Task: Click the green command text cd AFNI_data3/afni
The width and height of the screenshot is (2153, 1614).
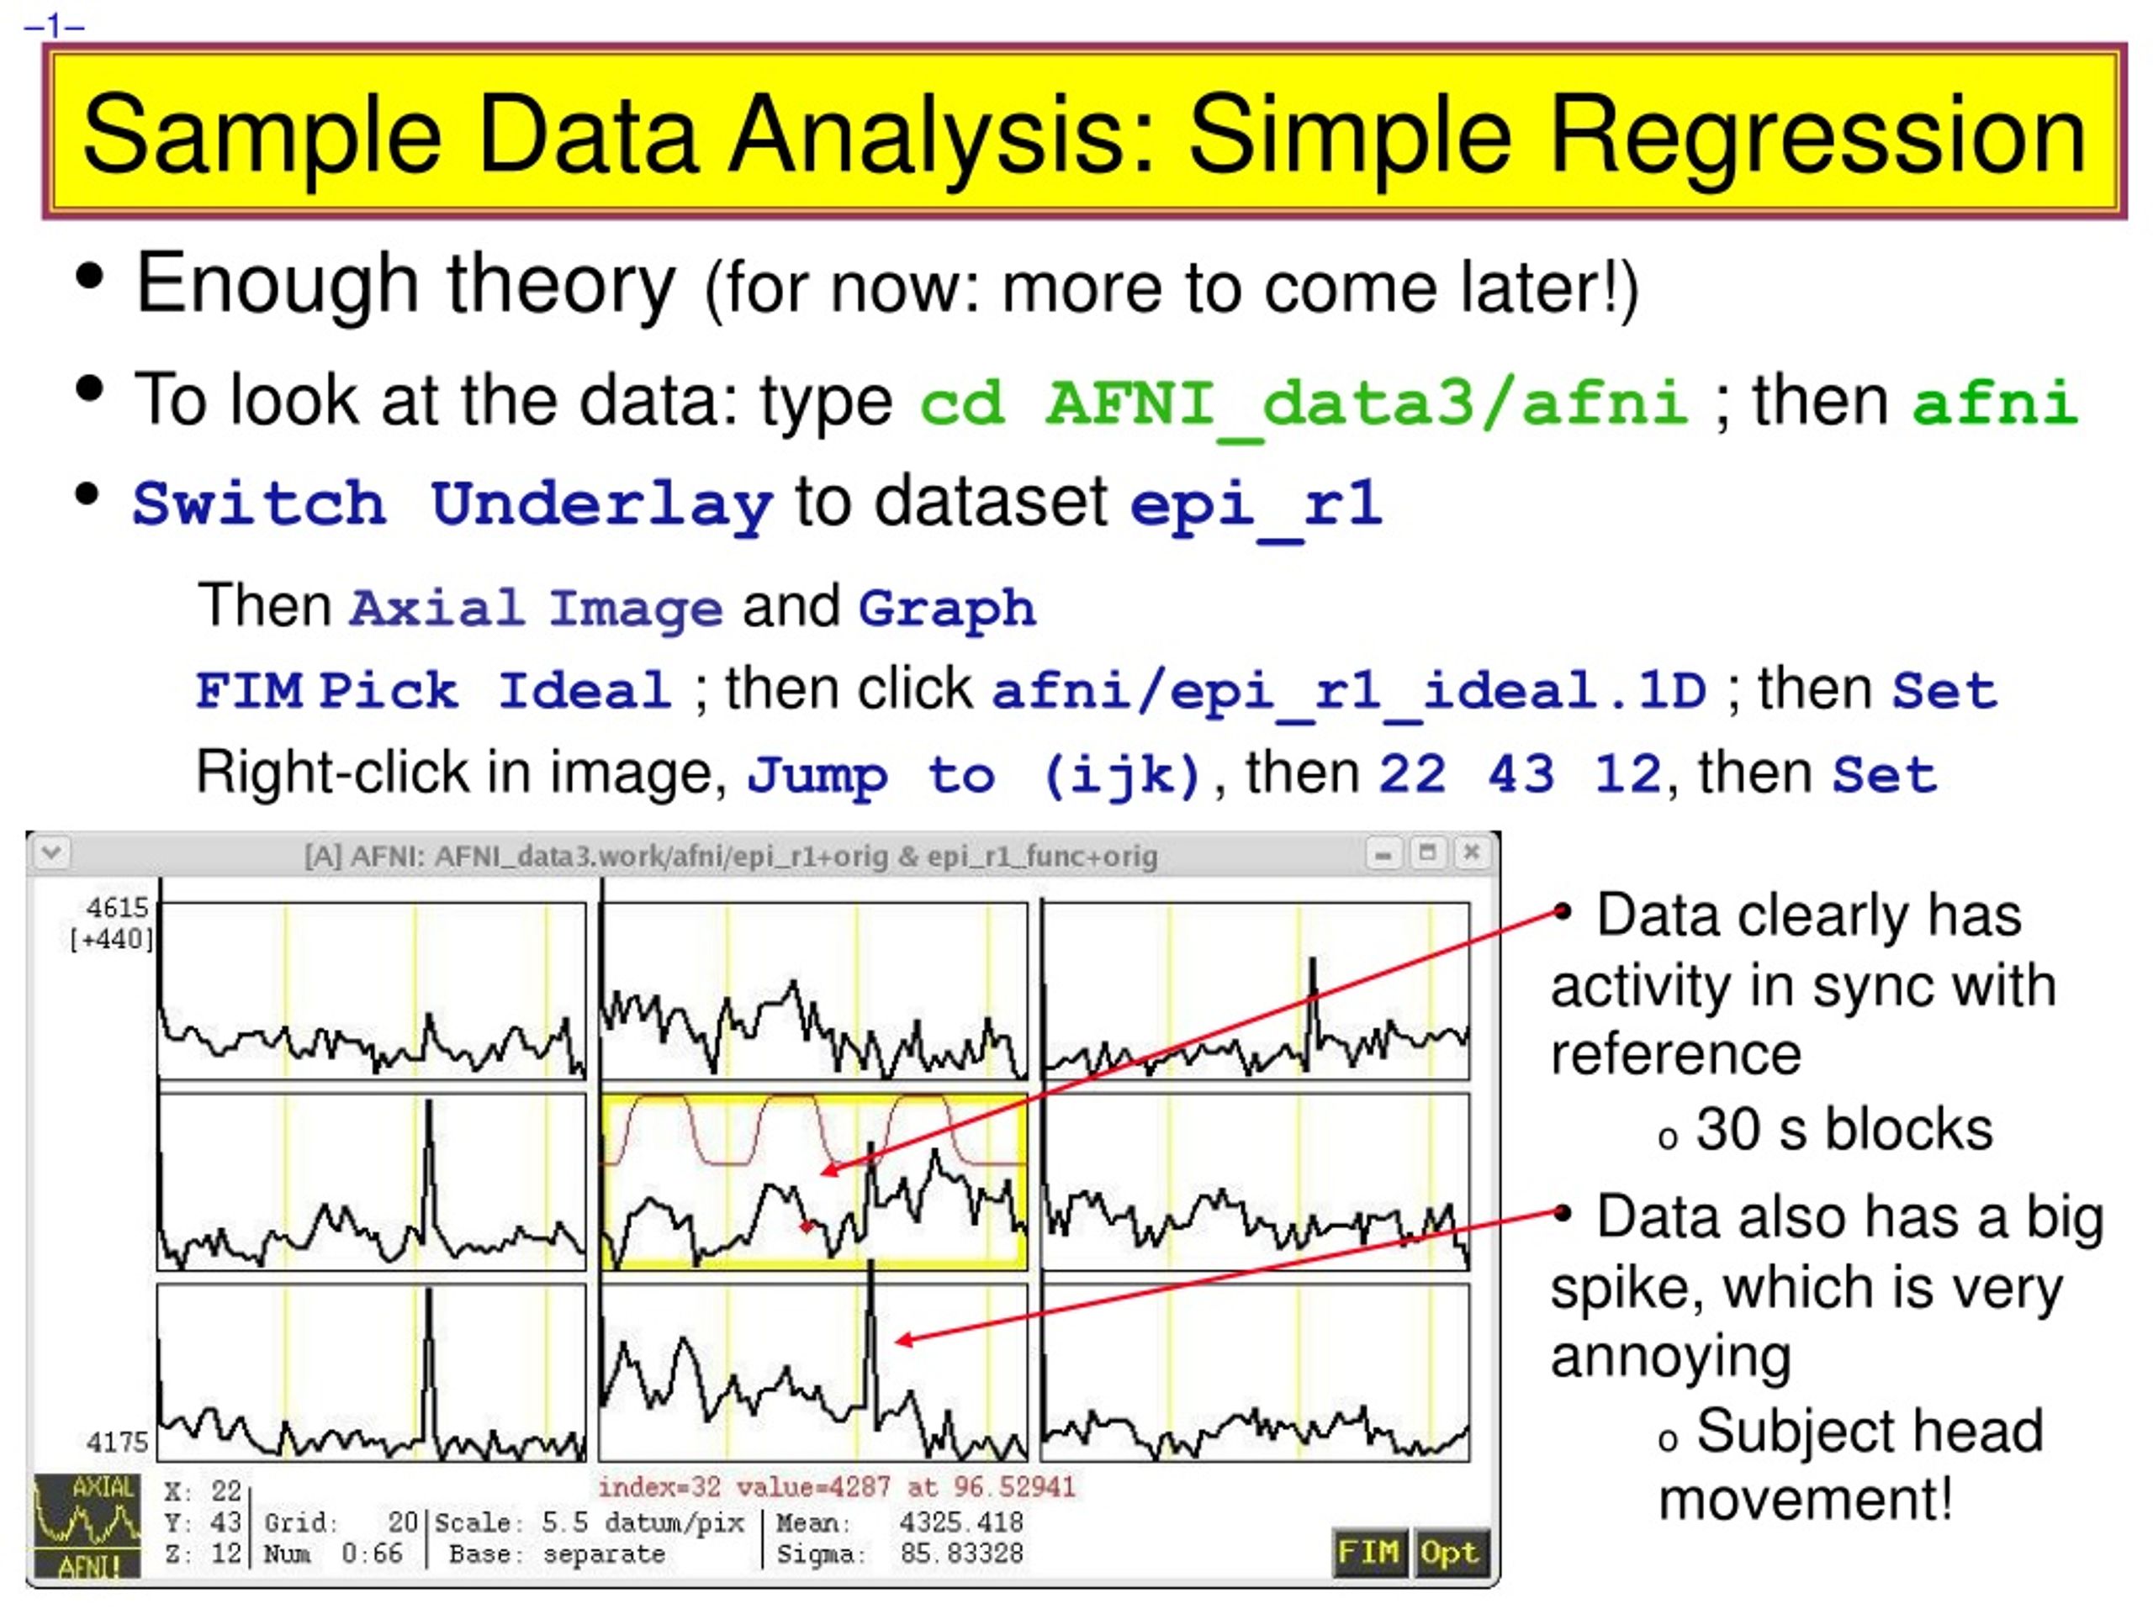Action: (x=1304, y=403)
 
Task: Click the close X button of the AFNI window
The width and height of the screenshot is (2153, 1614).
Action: (x=1472, y=853)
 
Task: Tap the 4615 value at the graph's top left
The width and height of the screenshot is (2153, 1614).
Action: (x=118, y=908)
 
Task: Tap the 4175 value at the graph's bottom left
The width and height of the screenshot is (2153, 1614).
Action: (x=118, y=1442)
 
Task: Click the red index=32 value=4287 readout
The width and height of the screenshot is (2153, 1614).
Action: (x=837, y=1486)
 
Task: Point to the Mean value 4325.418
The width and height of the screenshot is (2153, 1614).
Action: (x=961, y=1522)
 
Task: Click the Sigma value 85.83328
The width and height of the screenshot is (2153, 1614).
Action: (x=961, y=1553)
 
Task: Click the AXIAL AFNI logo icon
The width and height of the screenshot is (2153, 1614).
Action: (x=87, y=1526)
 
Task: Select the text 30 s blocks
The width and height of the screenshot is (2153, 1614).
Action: (x=1844, y=1130)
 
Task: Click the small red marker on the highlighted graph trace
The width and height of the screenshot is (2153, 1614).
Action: (x=806, y=1226)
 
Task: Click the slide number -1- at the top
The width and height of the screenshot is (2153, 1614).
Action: (x=55, y=25)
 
